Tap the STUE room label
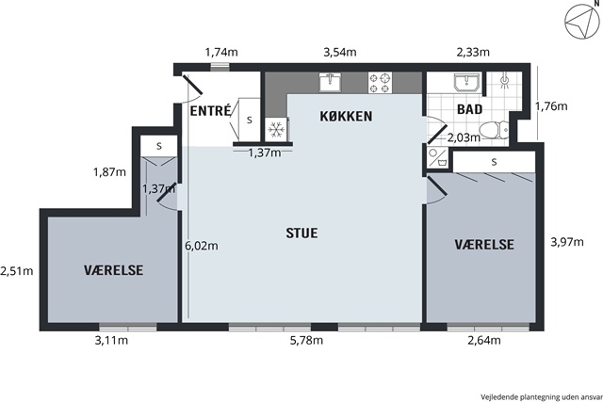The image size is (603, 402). pos(301,233)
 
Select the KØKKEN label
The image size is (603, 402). pos(346,116)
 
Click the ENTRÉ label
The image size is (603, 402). pos(211,111)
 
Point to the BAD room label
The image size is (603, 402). pos(469,109)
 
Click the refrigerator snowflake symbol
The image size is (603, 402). pos(276,130)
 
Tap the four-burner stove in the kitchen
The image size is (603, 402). pos(380,83)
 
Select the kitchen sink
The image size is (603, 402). pos(330,82)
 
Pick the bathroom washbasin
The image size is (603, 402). pos(466,82)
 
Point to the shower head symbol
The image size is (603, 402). pos(505,81)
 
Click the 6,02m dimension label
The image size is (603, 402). pos(202,245)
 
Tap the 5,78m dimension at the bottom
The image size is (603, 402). pos(306,340)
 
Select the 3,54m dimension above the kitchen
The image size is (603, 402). pos(340,52)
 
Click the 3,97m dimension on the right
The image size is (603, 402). pos(567,242)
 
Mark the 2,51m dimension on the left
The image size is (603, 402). pos(17,271)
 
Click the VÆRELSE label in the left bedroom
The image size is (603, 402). pos(113,270)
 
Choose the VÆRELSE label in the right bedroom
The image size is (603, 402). pos(484,245)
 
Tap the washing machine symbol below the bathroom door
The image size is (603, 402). pos(438,157)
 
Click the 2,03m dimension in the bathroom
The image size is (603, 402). pos(464,137)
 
